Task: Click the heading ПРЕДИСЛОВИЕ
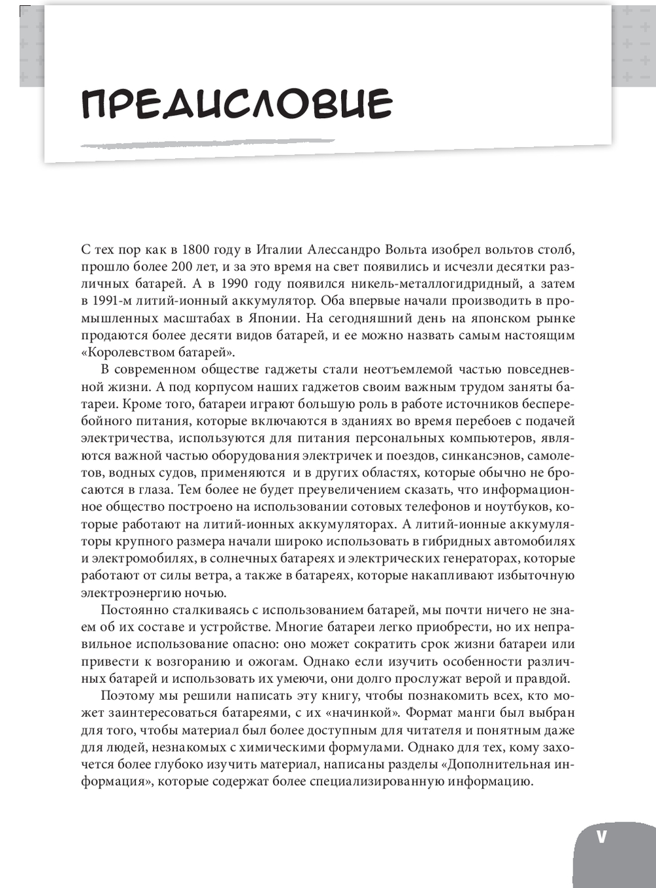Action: tap(237, 103)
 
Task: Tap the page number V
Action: tap(601, 837)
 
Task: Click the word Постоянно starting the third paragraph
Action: tap(135, 610)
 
